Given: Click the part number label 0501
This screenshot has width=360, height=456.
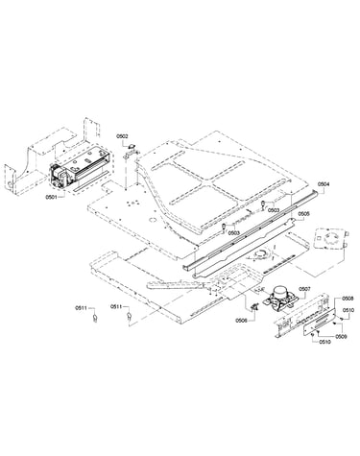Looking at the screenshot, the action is [x=51, y=197].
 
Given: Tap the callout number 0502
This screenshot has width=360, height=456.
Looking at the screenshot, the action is [x=122, y=136].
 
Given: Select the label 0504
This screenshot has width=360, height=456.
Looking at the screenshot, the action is [x=324, y=184].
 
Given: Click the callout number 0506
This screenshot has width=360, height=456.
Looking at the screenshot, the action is [x=241, y=321].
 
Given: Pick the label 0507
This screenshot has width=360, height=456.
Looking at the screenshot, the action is [x=304, y=289].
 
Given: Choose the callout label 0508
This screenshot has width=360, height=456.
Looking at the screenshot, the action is [x=348, y=299].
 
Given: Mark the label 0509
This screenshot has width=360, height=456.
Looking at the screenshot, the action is [x=341, y=336].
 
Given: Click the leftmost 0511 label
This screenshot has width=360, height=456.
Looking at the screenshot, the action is [x=81, y=308].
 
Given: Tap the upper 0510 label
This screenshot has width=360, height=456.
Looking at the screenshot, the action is [x=348, y=310].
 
